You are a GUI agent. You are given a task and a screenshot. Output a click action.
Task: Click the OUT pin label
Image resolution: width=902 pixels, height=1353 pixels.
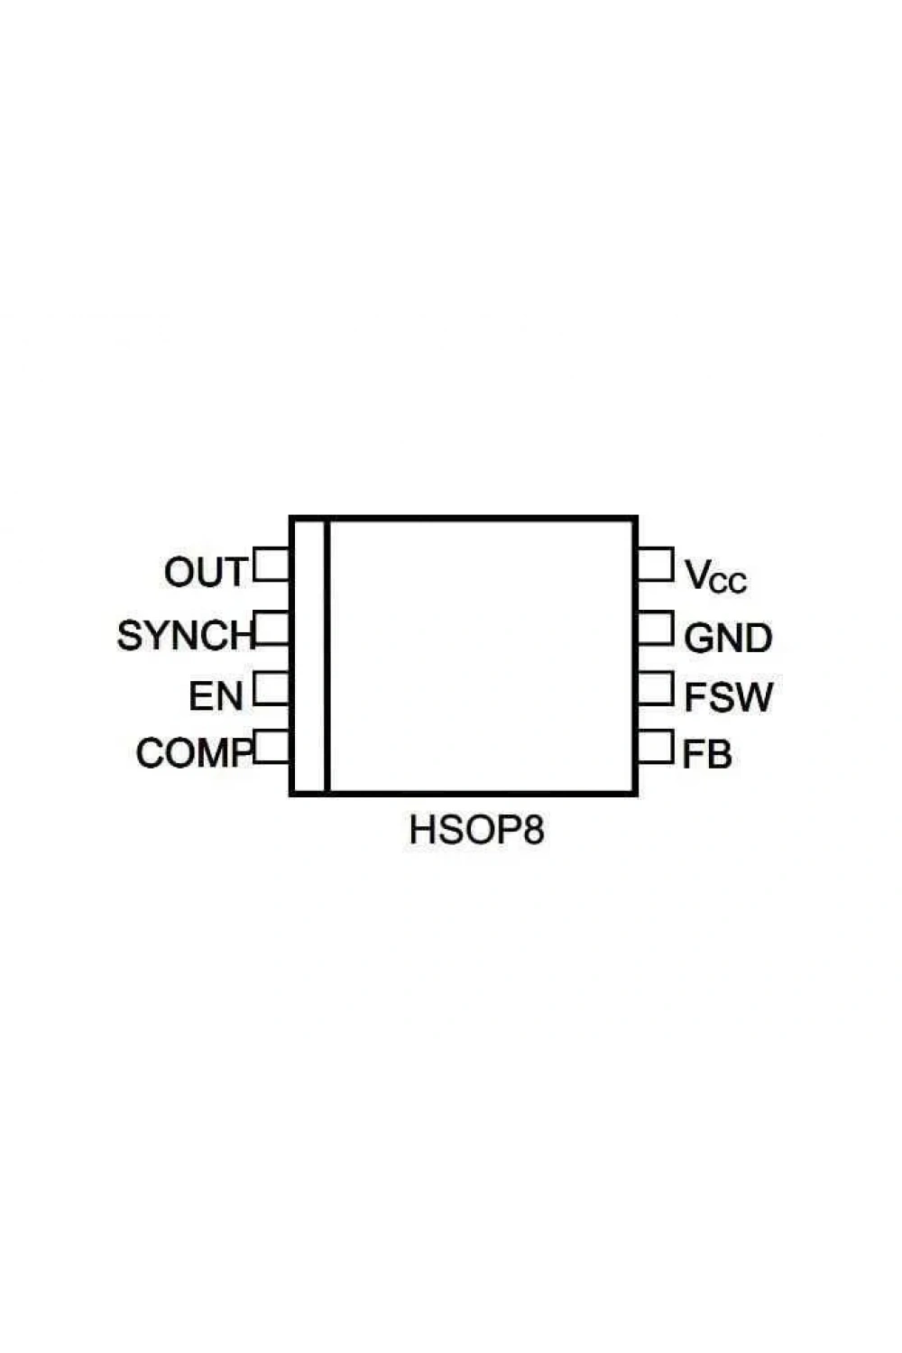[205, 571]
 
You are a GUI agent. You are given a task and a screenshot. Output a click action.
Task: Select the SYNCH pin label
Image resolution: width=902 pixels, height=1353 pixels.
[186, 635]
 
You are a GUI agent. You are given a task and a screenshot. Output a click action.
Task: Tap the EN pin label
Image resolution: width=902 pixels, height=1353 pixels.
[216, 695]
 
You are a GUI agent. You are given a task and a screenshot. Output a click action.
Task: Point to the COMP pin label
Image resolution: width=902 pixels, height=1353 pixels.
[194, 752]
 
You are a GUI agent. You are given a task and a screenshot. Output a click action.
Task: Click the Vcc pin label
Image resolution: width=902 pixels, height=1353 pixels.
[716, 575]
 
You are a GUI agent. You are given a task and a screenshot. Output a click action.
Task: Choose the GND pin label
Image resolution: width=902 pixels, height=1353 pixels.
[728, 638]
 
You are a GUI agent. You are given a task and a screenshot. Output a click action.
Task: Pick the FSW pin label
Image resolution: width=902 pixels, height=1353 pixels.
[729, 697]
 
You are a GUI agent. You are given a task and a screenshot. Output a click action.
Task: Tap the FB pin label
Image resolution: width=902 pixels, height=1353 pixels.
[707, 754]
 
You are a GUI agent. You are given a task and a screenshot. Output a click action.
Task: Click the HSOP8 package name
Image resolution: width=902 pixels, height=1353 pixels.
[476, 830]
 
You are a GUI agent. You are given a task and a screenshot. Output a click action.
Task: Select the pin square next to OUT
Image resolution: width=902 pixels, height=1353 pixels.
[271, 564]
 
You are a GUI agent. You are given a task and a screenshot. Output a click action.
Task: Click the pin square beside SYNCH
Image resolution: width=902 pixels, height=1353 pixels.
[272, 628]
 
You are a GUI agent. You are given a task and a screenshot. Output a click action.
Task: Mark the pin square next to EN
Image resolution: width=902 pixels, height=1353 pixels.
[272, 688]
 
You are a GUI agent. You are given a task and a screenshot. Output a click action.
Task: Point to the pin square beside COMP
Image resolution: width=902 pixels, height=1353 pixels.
[272, 747]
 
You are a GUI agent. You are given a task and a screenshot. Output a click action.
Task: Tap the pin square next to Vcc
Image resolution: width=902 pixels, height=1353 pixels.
[656, 564]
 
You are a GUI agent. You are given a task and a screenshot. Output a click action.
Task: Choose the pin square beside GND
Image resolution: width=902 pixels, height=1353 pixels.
[656, 628]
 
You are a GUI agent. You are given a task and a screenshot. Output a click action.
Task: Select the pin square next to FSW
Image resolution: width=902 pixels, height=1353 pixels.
[656, 688]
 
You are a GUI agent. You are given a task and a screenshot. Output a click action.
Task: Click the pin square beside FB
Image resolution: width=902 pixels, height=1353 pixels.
[656, 747]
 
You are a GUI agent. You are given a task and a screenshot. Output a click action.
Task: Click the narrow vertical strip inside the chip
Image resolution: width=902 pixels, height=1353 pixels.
[309, 656]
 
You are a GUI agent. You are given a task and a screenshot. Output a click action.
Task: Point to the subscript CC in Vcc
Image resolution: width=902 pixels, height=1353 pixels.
[728, 583]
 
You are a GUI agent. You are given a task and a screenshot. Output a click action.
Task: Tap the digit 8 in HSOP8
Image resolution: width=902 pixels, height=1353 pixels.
[533, 830]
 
